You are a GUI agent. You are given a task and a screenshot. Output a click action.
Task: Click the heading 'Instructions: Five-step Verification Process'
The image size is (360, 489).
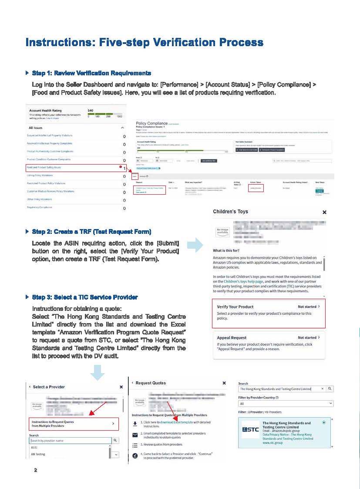[x=144, y=42]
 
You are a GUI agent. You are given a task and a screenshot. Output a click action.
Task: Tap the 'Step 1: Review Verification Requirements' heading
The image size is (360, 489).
[x=91, y=73]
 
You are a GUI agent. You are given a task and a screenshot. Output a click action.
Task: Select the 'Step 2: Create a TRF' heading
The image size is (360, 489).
[x=91, y=231]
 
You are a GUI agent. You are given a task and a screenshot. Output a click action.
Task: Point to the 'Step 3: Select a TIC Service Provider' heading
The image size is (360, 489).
[x=85, y=297]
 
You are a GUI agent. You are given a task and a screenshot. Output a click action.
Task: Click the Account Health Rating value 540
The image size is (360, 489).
[x=91, y=111]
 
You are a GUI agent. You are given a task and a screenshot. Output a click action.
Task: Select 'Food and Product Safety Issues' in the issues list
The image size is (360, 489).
[x=44, y=167]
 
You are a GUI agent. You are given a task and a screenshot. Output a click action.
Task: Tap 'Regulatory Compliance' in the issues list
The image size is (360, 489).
[x=40, y=207]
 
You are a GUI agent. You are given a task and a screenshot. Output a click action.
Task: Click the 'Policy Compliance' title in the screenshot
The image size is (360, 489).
[x=151, y=124]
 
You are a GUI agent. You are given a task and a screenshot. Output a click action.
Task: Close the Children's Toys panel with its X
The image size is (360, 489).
[x=324, y=212]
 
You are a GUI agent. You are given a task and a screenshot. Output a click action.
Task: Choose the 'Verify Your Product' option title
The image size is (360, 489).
[x=235, y=307]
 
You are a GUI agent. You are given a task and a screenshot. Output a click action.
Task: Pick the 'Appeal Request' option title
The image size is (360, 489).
[x=232, y=337]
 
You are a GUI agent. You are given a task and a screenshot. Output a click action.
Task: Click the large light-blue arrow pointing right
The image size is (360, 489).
[x=198, y=245]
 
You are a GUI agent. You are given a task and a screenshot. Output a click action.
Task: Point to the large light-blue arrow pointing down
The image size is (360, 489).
[x=99, y=371]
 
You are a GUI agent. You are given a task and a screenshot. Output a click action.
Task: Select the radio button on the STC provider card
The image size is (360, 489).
[x=324, y=423]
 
